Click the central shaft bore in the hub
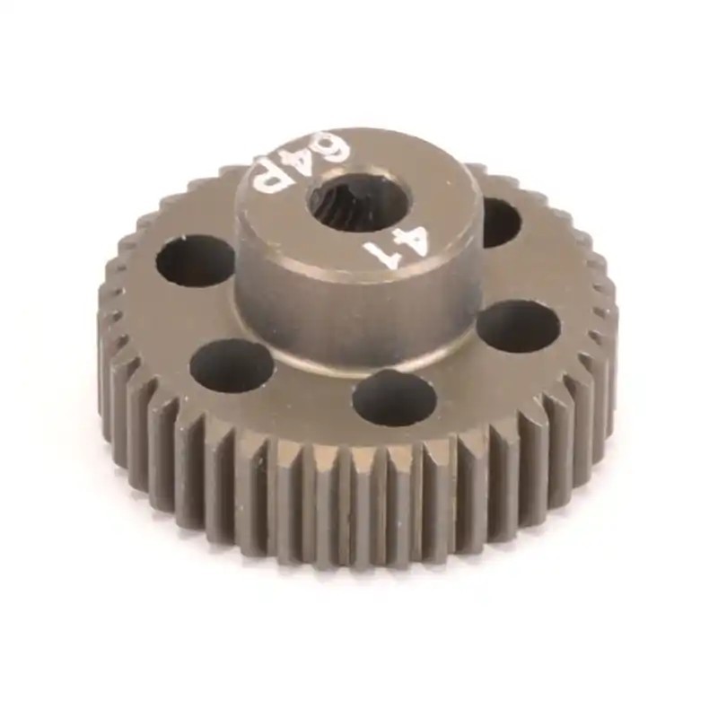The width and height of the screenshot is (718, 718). (x=357, y=202)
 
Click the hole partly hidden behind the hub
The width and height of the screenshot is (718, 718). (x=499, y=223)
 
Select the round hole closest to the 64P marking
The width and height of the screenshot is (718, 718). (x=196, y=260)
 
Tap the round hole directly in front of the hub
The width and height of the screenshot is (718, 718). (x=394, y=398)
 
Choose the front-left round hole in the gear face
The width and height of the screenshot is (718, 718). (x=232, y=366)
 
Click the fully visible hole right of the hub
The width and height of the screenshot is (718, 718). (x=518, y=325)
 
